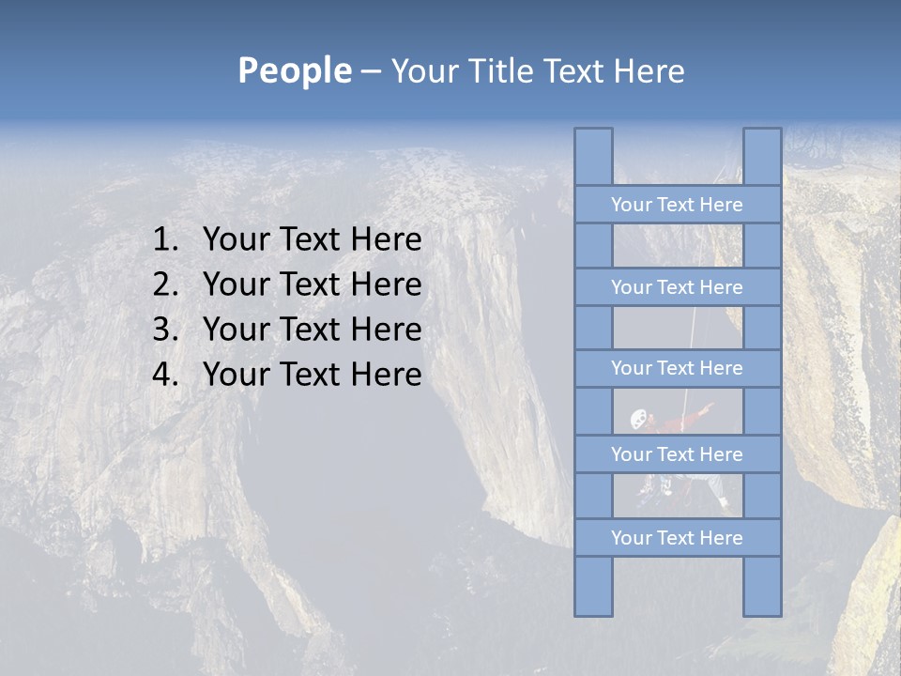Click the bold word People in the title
click(x=294, y=70)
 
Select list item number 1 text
click(x=312, y=240)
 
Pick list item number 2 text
click(x=312, y=284)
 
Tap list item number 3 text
click(x=312, y=330)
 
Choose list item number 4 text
click(x=312, y=375)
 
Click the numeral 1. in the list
click(x=165, y=240)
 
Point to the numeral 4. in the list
click(x=165, y=375)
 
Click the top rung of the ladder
click(x=677, y=205)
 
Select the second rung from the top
click(x=677, y=287)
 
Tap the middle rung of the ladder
click(x=677, y=368)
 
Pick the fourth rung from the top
click(x=677, y=454)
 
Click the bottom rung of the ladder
click(x=677, y=538)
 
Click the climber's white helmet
click(x=639, y=418)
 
